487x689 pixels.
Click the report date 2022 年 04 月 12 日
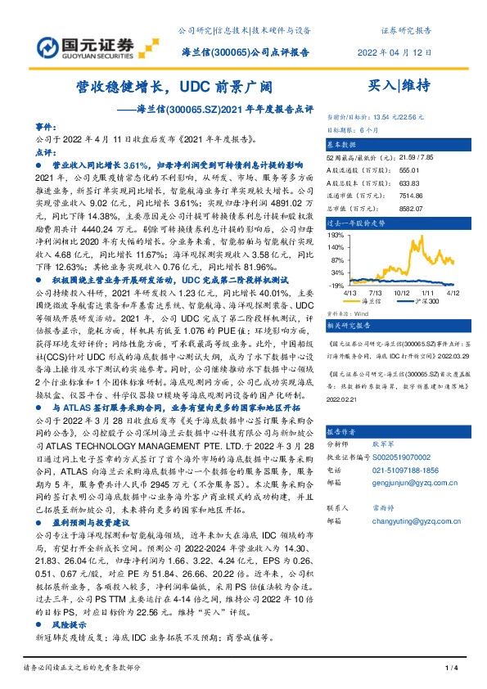pos(395,53)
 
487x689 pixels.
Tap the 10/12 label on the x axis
pos(403,292)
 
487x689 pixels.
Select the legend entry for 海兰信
pos(368,302)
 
